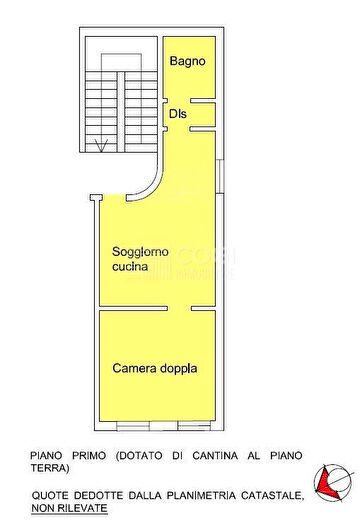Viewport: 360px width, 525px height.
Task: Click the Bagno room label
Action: tap(187, 62)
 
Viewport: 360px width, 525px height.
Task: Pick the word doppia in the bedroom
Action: tap(179, 368)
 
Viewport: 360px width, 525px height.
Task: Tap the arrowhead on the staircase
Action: tap(97, 147)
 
